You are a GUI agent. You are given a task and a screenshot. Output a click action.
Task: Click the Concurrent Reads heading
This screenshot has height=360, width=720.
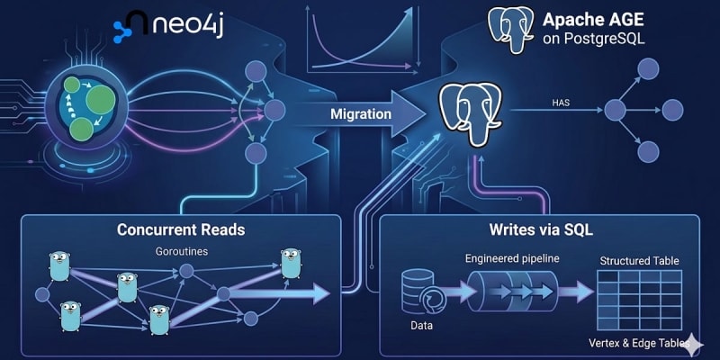click(181, 229)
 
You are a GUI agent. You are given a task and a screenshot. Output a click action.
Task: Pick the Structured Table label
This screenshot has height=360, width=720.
click(639, 261)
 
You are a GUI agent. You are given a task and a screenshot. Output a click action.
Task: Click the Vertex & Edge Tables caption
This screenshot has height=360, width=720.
click(634, 343)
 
